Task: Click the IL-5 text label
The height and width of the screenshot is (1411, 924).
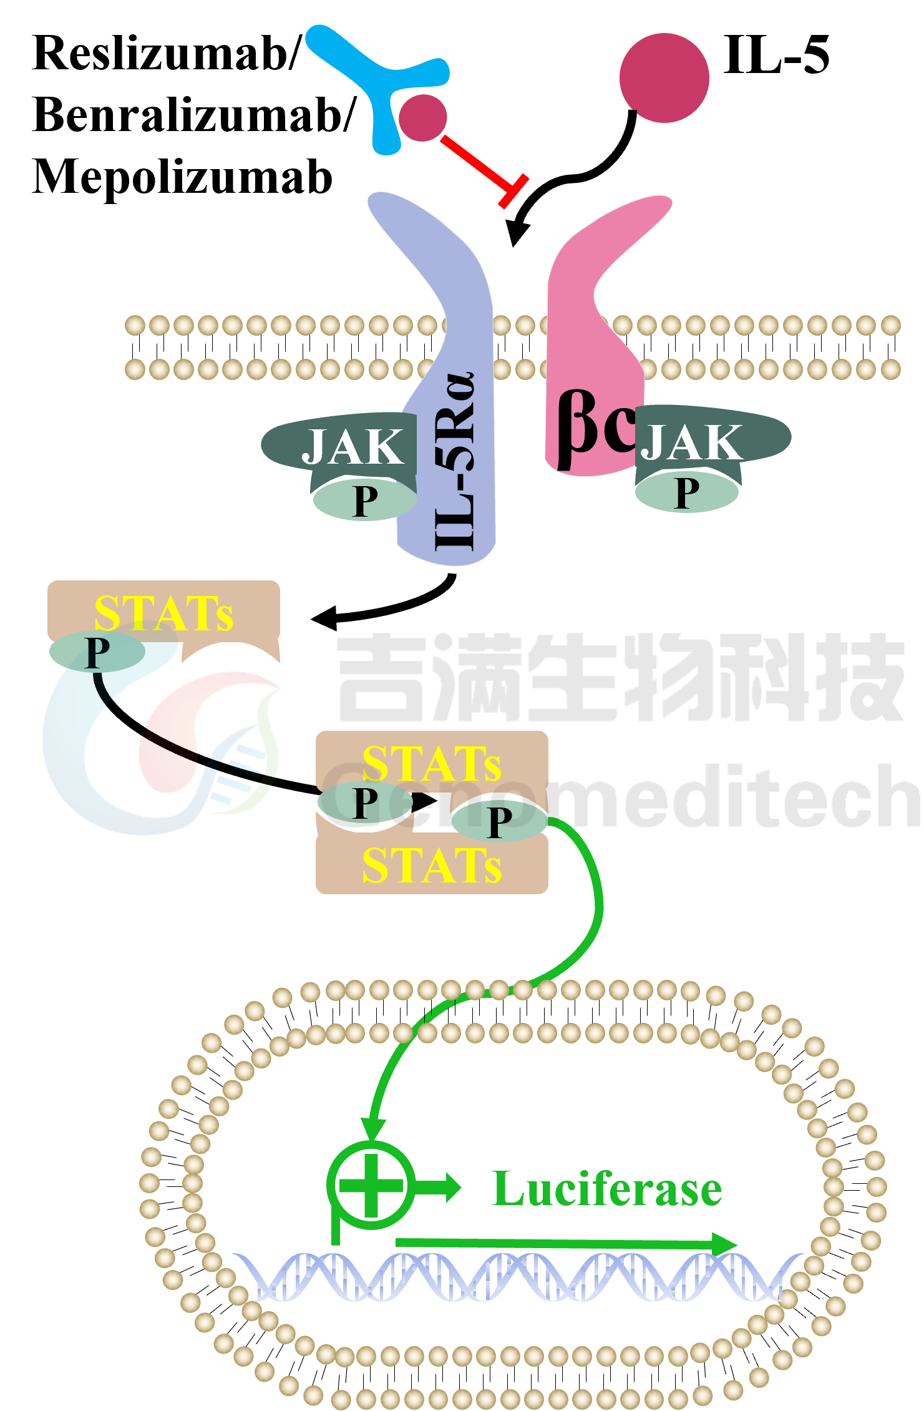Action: coord(777,55)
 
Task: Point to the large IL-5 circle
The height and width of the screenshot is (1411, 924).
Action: coord(664,77)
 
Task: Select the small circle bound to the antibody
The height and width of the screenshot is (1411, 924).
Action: coord(423,117)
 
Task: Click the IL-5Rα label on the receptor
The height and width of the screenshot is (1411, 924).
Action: coord(455,461)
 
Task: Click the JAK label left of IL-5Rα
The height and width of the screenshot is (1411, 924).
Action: coord(353,447)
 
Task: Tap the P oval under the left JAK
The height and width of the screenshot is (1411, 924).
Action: coord(364,499)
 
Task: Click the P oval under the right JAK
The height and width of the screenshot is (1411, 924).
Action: coord(687,492)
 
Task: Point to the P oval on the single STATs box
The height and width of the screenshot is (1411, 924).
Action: coord(97,652)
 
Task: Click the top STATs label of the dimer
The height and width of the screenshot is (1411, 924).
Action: coord(432,763)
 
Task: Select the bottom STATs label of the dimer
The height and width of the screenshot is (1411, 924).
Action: coord(432,866)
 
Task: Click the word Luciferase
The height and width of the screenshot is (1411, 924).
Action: coord(606,1189)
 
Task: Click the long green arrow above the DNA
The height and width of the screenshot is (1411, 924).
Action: coord(567,1244)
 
